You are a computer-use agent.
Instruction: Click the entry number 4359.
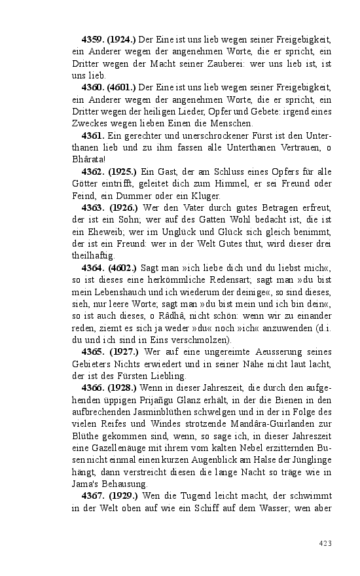point(93,31)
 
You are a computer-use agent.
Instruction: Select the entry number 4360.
point(93,87)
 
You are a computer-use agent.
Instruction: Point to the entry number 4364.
point(93,268)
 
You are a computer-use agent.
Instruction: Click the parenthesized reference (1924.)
point(122,31)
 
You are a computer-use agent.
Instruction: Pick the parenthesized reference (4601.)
point(122,87)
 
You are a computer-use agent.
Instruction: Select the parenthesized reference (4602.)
point(122,268)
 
